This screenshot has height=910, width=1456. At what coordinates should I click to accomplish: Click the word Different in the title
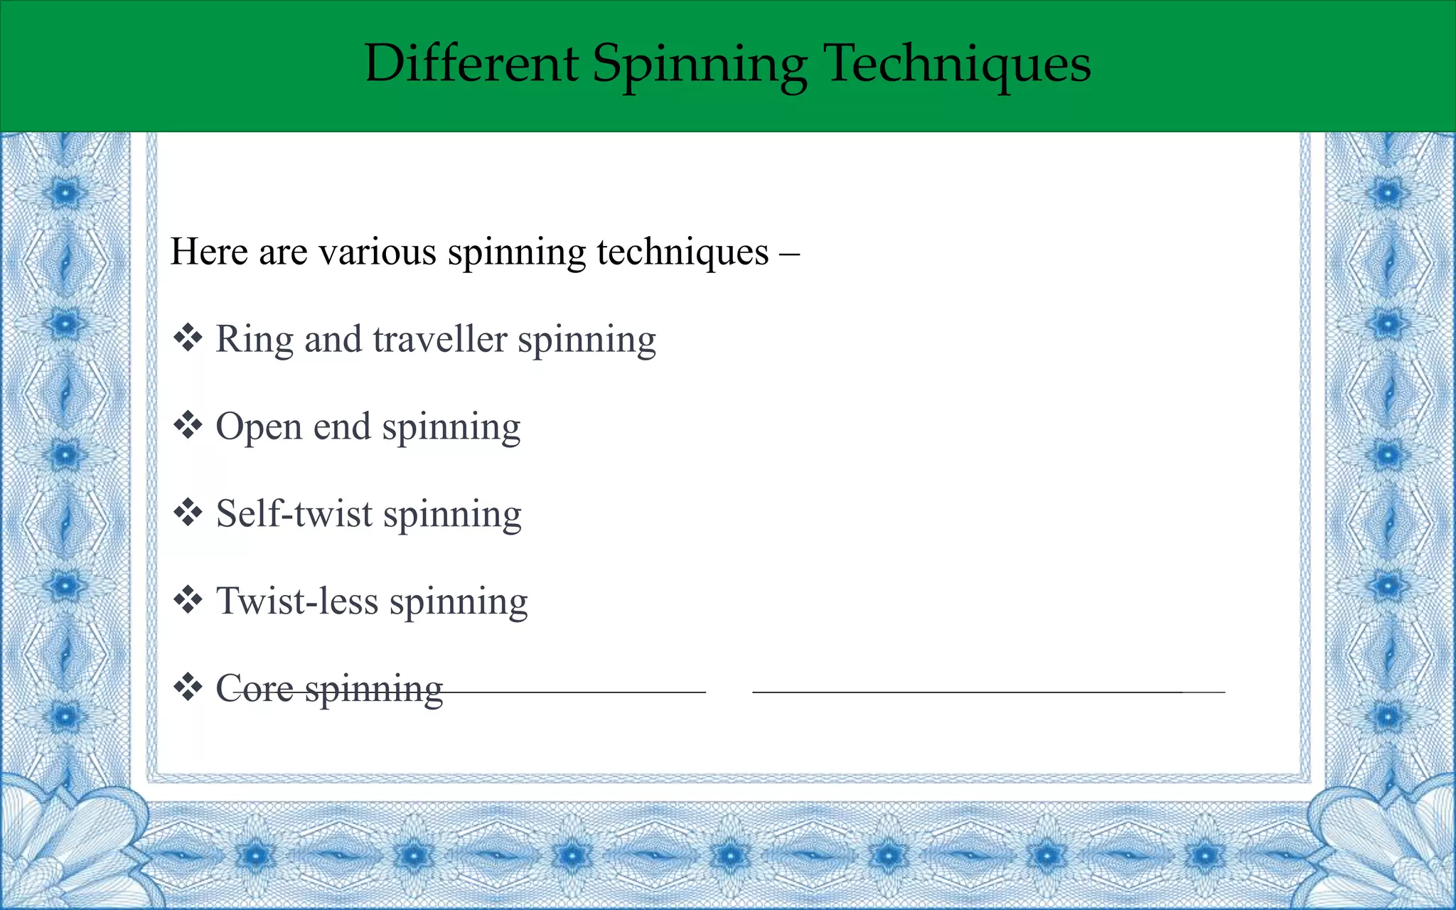[x=471, y=64]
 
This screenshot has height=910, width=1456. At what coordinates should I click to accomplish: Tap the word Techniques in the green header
[x=957, y=64]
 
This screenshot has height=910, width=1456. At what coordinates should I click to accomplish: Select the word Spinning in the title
[x=700, y=65]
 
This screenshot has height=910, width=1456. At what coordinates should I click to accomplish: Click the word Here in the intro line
[x=209, y=252]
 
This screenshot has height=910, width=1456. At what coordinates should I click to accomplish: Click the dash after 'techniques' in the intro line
[x=789, y=253]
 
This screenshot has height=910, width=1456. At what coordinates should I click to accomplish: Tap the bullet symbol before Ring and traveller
[x=188, y=338]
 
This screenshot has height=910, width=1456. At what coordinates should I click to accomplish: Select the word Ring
[x=254, y=341]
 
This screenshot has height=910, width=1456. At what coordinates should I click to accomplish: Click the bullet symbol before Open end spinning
[x=188, y=425]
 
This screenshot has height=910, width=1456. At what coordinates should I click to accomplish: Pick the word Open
[x=259, y=428]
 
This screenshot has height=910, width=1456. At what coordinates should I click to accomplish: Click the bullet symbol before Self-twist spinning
[x=188, y=513]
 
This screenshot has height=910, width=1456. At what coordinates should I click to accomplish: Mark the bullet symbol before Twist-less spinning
[x=188, y=600]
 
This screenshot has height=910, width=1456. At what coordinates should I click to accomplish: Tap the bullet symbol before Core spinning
[x=188, y=687]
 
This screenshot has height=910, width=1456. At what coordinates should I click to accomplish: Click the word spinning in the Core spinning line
[x=374, y=690]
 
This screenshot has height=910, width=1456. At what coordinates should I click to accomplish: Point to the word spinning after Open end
[x=451, y=428]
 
